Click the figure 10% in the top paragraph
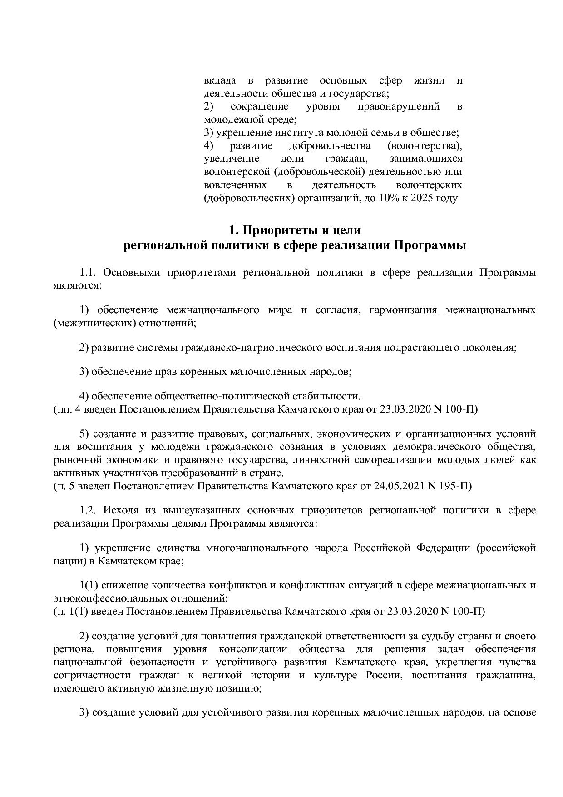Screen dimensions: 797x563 pos(383,198)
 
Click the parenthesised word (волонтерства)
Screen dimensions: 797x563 pos(425,146)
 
